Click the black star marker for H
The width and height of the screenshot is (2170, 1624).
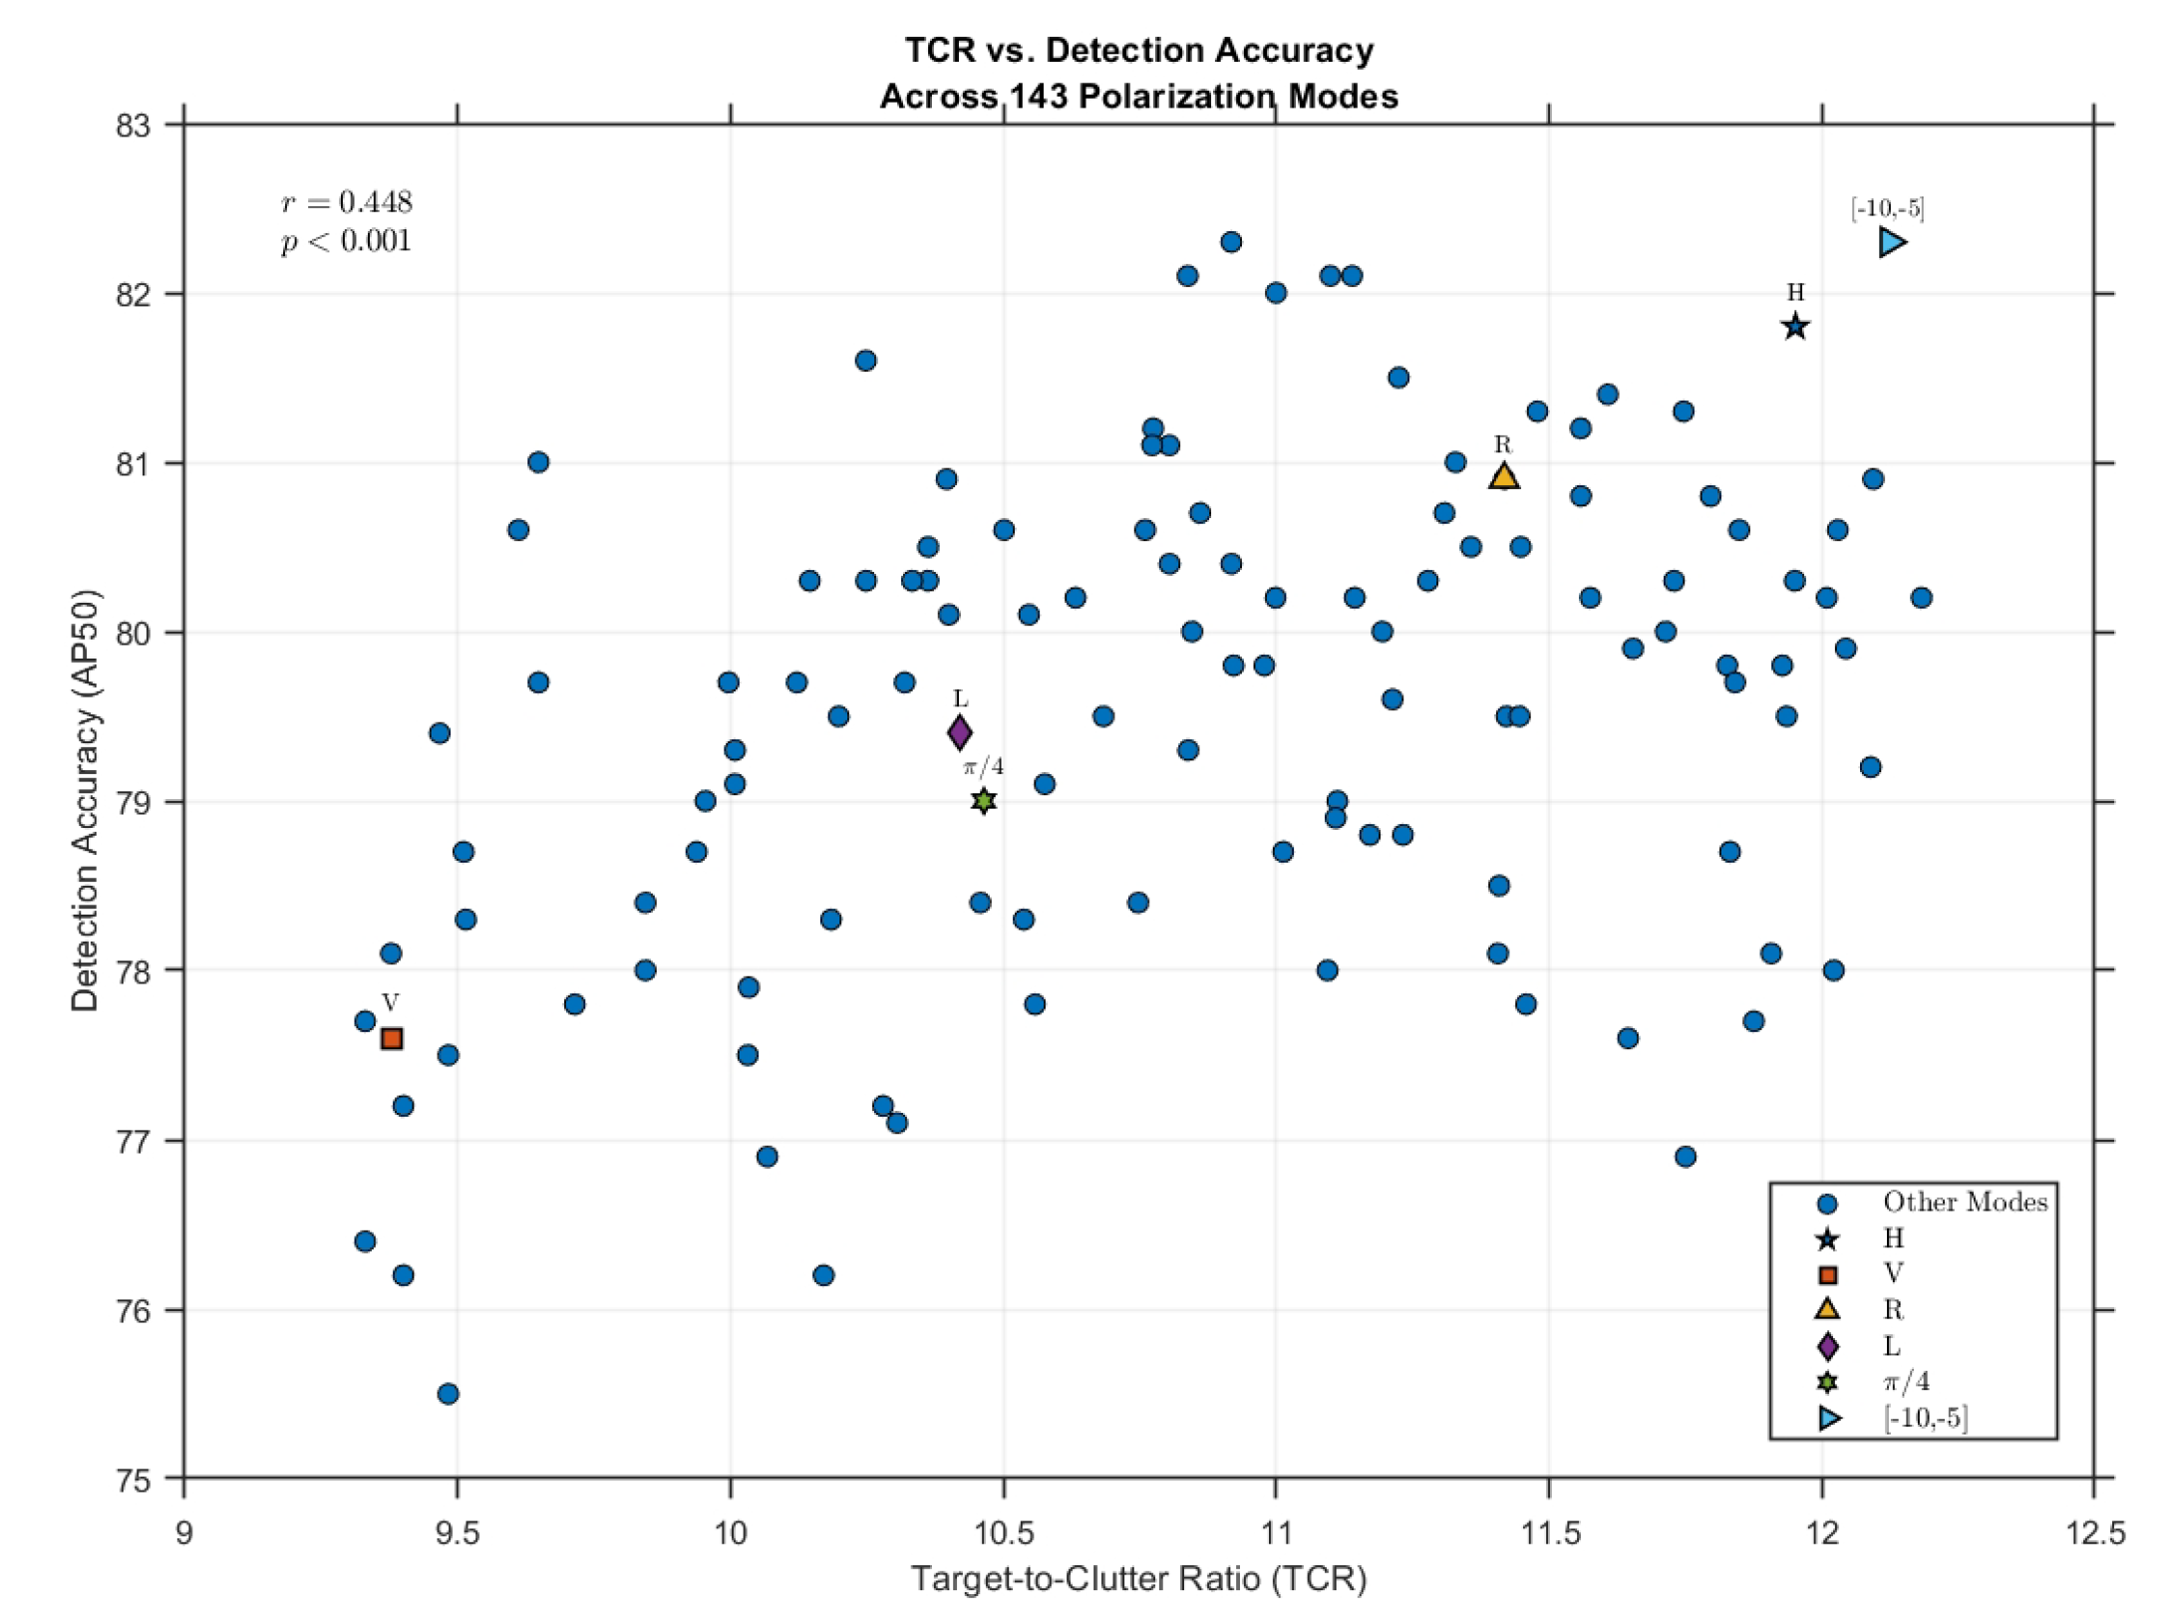(1794, 327)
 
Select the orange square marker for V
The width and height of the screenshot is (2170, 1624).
(392, 1038)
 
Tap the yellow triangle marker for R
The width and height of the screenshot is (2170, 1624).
(1503, 477)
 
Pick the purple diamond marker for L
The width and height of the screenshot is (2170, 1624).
(959, 733)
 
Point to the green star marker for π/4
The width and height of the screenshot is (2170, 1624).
(984, 801)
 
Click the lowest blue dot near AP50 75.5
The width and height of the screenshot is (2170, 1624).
(449, 1393)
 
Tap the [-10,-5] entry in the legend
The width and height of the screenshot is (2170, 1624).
(1925, 1418)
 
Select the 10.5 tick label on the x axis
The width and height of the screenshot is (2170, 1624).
(1003, 1532)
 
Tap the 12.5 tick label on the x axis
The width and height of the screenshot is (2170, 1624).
(2094, 1532)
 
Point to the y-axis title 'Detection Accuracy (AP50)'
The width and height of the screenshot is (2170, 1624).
(86, 801)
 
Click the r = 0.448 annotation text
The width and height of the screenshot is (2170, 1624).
(347, 202)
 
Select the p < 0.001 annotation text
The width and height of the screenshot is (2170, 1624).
(346, 241)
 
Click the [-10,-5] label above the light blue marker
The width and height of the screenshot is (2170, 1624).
(1887, 208)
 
